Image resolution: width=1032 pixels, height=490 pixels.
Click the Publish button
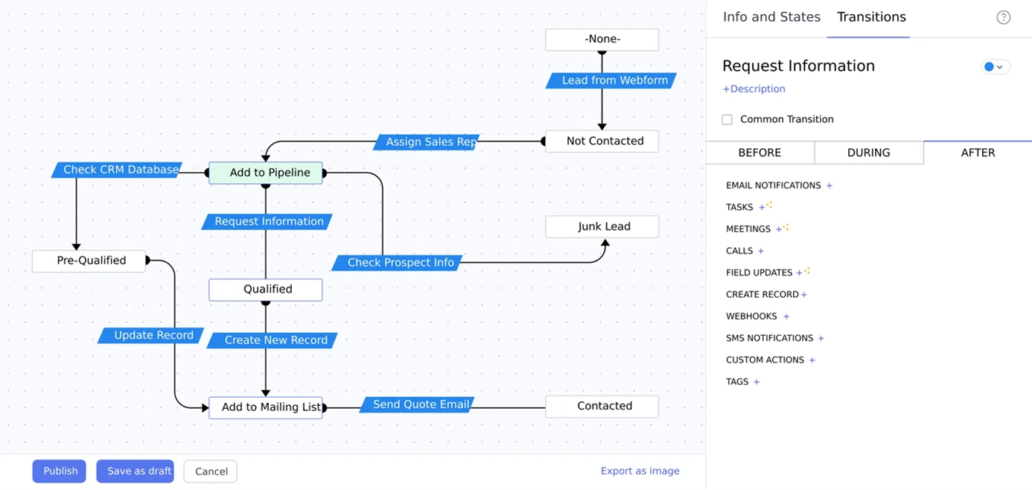pos(60,471)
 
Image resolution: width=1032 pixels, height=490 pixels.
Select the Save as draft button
pos(135,471)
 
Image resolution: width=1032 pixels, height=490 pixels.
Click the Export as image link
pos(640,471)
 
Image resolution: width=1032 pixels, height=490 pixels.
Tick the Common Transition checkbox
pos(727,119)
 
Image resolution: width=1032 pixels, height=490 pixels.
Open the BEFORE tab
pos(759,153)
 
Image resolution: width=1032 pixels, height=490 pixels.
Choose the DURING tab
pos(868,153)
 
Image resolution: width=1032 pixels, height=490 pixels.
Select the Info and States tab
pos(771,17)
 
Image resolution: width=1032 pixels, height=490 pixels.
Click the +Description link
pos(754,89)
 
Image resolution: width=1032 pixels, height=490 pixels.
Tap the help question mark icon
pos(1003,17)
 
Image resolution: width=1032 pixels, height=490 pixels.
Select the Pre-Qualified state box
pos(89,261)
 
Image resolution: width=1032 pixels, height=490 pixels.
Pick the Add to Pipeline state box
pos(266,173)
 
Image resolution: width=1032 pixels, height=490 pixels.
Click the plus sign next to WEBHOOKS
pos(786,316)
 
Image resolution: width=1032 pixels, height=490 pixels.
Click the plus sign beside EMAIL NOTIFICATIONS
pos(829,185)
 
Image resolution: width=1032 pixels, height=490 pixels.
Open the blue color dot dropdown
pos(994,67)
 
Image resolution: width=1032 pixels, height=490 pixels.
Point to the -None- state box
pos(602,39)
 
